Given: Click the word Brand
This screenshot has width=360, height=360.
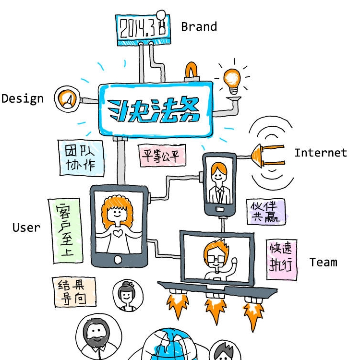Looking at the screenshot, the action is pos(199,26).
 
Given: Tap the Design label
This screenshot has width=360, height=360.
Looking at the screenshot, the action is pos(22,99).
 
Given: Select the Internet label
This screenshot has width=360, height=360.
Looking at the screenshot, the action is pos(321,153).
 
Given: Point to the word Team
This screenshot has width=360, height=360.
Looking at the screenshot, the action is pos(323,262).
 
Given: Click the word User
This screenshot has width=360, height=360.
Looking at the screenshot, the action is pos(26,228).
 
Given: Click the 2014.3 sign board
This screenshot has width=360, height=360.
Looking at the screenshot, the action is pos(143,29).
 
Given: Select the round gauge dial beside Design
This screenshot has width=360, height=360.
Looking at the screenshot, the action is pos(67,99).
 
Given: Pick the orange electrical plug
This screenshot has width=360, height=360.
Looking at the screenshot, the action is pos(267,156).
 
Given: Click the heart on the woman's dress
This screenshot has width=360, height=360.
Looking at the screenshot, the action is pos(118,233).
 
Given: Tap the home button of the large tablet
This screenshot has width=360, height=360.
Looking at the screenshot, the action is pos(118,260).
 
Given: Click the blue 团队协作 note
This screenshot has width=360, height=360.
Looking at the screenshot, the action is pos(82,158).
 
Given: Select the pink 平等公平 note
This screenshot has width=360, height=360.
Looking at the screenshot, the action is pos(162,156).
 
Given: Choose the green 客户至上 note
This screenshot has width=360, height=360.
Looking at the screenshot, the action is pos(65,231).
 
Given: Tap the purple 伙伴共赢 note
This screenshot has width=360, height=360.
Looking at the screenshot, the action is pos(266,212).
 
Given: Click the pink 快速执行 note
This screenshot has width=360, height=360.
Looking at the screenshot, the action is pos(281,259).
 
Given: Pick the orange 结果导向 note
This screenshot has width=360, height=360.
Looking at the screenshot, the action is pos(74,292).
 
